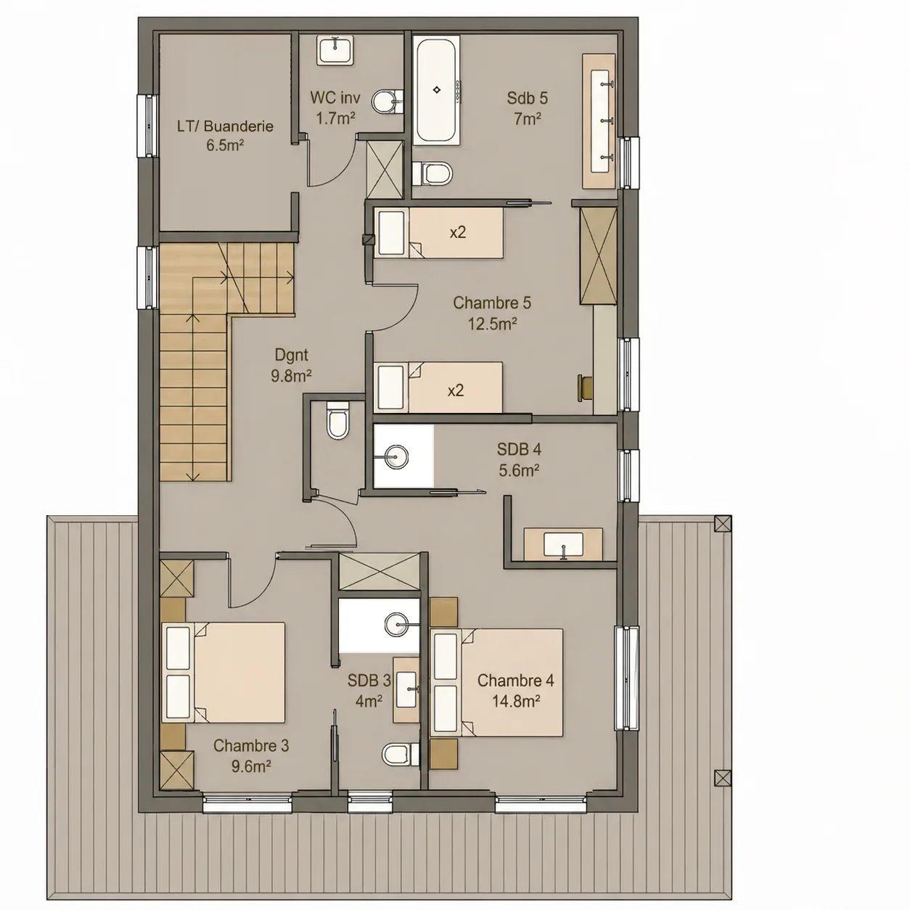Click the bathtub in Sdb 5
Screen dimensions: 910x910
click(437, 91)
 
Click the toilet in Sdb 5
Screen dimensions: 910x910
click(432, 173)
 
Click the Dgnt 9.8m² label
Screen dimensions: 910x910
click(292, 365)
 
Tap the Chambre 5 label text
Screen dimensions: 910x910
click(492, 303)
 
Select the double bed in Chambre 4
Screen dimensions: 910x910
click(499, 683)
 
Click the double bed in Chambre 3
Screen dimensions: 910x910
click(224, 673)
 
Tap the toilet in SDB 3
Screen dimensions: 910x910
click(401, 754)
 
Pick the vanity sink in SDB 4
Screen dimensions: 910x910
click(563, 544)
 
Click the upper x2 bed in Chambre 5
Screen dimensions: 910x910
click(439, 233)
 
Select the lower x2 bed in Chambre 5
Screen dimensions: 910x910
click(438, 388)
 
